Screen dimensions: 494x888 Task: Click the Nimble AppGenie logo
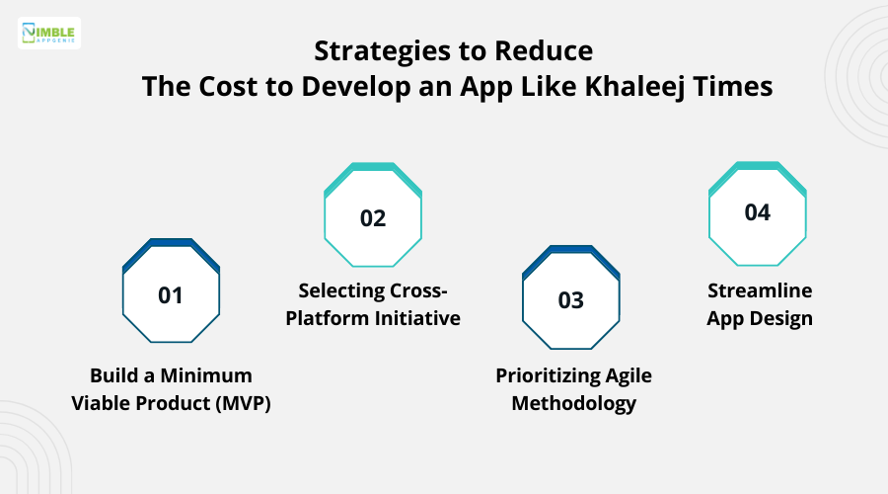click(49, 34)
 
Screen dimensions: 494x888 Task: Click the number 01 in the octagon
click(171, 294)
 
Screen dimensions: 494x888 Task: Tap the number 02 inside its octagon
click(373, 218)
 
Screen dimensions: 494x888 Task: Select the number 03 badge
click(571, 300)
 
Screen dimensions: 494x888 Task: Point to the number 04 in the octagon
click(758, 212)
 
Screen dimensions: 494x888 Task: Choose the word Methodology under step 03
click(573, 403)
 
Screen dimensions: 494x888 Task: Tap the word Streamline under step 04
click(758, 291)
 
